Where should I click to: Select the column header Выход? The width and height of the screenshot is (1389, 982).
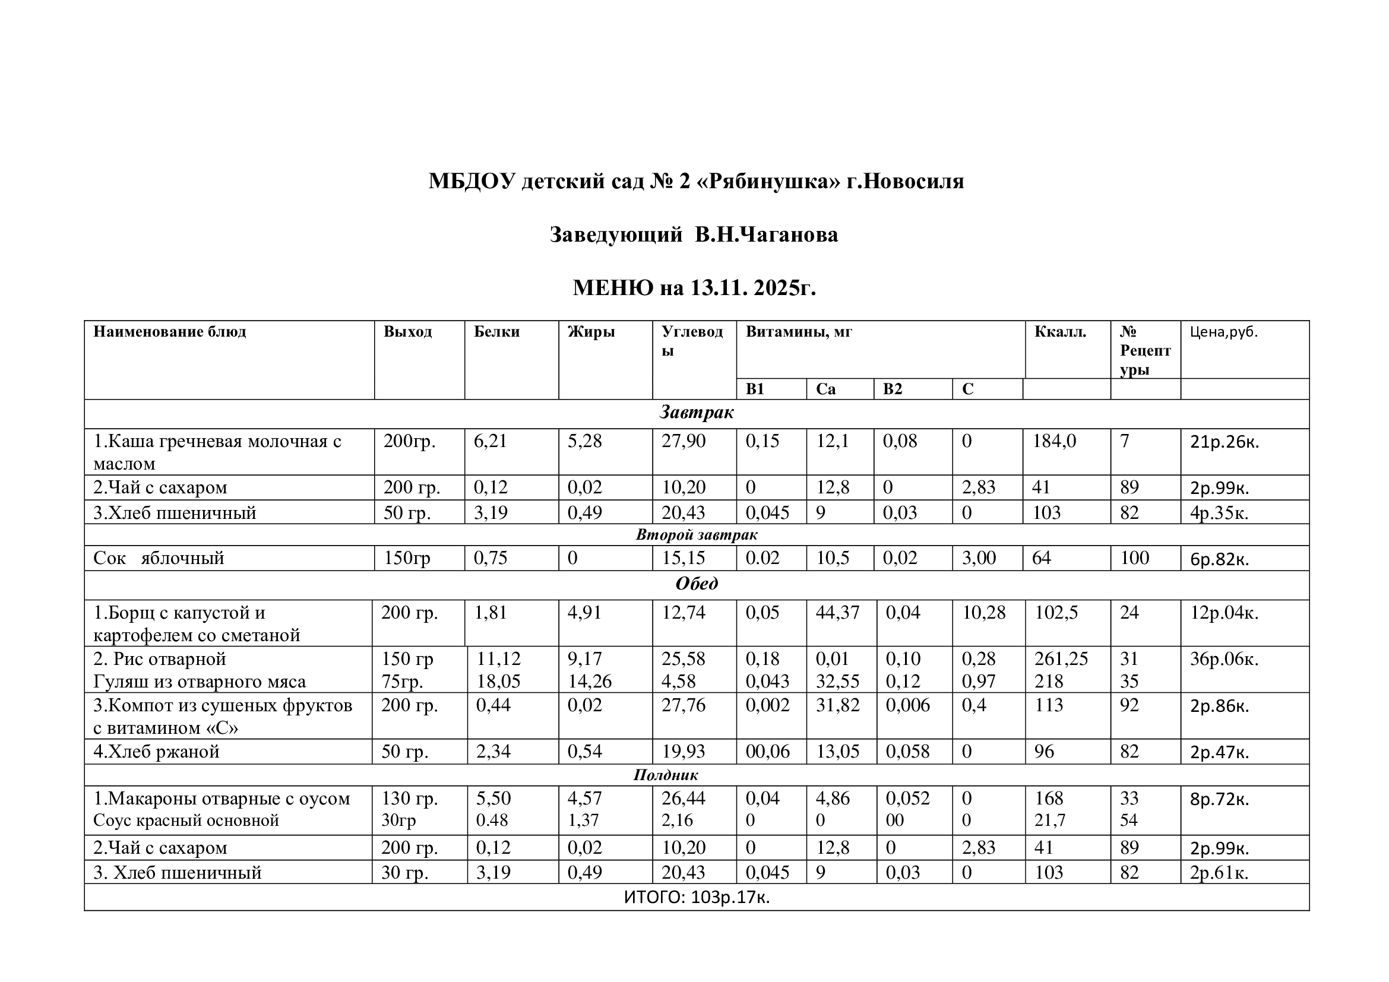[408, 332]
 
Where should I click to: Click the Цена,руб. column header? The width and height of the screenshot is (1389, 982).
[1223, 332]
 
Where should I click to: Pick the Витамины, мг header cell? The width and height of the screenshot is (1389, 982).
[799, 332]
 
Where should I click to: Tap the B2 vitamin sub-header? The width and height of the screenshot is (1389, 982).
[893, 389]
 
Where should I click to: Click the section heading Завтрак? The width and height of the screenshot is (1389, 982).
[697, 413]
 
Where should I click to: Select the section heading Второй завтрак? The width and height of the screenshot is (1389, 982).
[697, 535]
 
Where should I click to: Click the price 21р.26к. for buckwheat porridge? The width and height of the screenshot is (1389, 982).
[1225, 442]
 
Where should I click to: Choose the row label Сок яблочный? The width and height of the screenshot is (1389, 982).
[159, 558]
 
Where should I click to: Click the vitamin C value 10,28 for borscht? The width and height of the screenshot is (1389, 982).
[983, 613]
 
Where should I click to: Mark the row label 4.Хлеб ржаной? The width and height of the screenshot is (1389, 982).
[156, 752]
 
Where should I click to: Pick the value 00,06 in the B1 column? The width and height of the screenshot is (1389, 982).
[768, 752]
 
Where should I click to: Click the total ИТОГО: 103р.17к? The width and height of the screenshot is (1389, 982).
[697, 898]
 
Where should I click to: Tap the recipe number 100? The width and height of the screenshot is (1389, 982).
[1134, 558]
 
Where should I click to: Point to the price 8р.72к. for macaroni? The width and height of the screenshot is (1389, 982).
[1219, 800]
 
